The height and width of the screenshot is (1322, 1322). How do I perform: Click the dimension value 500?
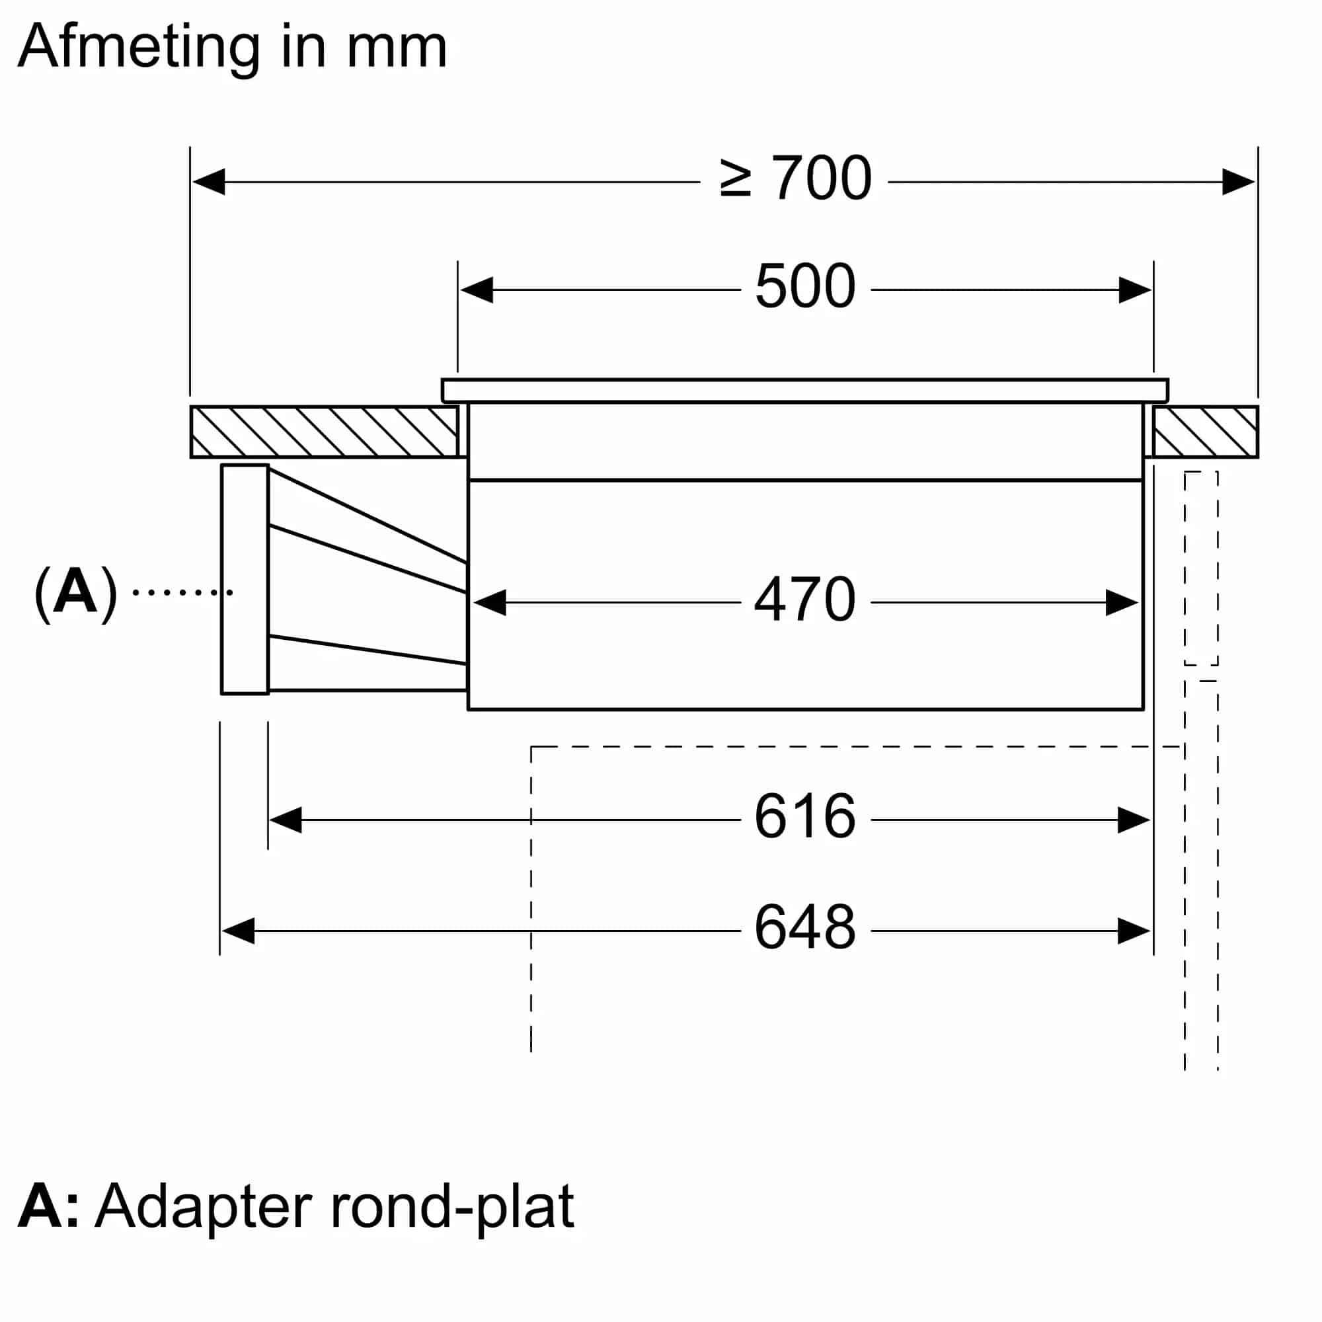805,287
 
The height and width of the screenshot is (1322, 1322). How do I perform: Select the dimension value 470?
804,600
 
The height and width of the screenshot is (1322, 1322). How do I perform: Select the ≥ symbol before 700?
736,178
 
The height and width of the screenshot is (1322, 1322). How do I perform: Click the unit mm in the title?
397,50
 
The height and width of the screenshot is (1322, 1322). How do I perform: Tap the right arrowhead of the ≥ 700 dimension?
1239,182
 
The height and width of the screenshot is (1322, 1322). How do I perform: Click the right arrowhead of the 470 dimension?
1122,603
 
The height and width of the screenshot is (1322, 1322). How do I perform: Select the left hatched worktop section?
324,432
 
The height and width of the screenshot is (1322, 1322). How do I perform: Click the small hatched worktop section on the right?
1205,432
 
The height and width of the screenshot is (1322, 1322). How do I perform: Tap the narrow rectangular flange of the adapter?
245,579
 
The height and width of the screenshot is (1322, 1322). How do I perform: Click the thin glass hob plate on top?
804,391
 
